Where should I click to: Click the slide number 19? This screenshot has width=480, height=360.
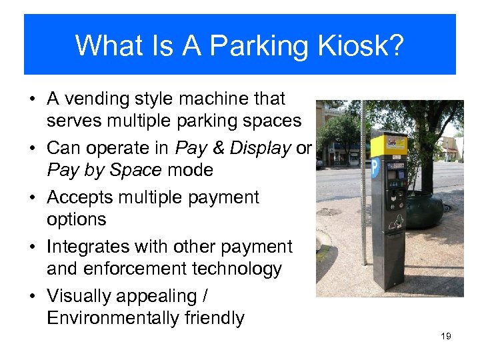point(446,336)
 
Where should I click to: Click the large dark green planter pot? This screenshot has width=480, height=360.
point(425,210)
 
